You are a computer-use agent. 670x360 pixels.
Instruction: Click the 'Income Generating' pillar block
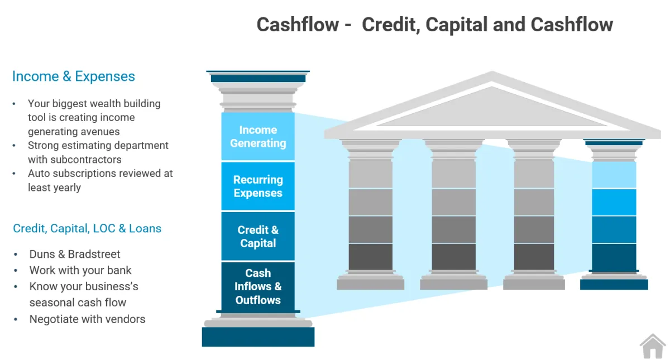258,136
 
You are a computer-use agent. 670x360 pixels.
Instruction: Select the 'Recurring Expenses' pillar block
258,186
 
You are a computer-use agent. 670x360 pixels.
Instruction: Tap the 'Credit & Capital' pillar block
258,236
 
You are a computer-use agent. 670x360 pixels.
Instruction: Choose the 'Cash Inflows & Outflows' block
258,286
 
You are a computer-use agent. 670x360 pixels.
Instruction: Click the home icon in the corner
653,346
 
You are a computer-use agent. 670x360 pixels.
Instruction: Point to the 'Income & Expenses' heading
74,76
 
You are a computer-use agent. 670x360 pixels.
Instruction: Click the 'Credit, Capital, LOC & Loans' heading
87,228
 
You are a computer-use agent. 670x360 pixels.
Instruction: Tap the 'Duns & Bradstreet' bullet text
75,254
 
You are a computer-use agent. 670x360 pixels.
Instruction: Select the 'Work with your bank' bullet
80,270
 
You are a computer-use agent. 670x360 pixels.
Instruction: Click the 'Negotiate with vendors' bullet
87,319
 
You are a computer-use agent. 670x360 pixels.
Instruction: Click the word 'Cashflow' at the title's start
298,25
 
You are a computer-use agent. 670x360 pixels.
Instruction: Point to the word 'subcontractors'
86,160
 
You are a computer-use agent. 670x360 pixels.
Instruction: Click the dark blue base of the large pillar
258,337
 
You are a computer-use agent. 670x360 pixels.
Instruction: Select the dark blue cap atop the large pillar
258,78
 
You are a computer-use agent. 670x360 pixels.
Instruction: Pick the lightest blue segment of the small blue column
614,175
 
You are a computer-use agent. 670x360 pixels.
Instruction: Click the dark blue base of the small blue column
614,285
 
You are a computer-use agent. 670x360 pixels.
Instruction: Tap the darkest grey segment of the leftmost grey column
371,257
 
